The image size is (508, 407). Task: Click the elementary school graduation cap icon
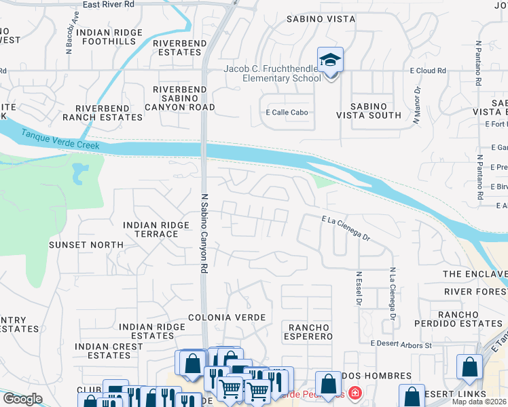[330, 60]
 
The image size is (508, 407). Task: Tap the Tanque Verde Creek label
[60, 140]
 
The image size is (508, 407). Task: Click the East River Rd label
[109, 5]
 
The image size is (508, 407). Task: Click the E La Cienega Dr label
[346, 228]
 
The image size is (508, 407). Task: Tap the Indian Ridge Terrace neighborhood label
[150, 229]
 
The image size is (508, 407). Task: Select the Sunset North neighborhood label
[86, 244]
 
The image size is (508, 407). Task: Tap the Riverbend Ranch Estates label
[109, 113]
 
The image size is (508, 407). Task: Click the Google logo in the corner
[22, 399]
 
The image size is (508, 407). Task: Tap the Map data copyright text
[479, 402]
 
